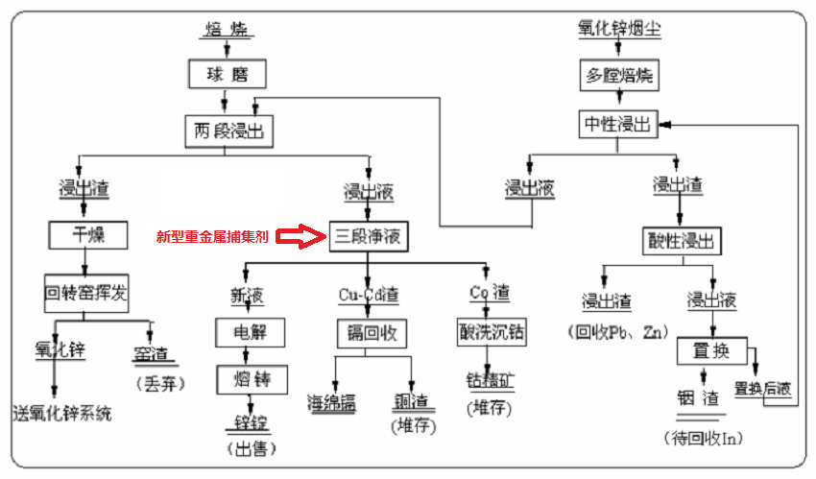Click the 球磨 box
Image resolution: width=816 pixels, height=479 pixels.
point(227,74)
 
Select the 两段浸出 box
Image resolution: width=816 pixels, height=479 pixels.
point(228,130)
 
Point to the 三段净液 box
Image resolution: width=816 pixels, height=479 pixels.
point(369,235)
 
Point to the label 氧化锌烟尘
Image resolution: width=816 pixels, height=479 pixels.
point(619,29)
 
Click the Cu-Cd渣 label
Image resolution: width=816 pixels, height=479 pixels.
point(369,294)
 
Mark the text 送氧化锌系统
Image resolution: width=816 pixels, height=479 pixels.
point(62,414)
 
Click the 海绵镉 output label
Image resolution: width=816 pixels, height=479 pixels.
point(331,402)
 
